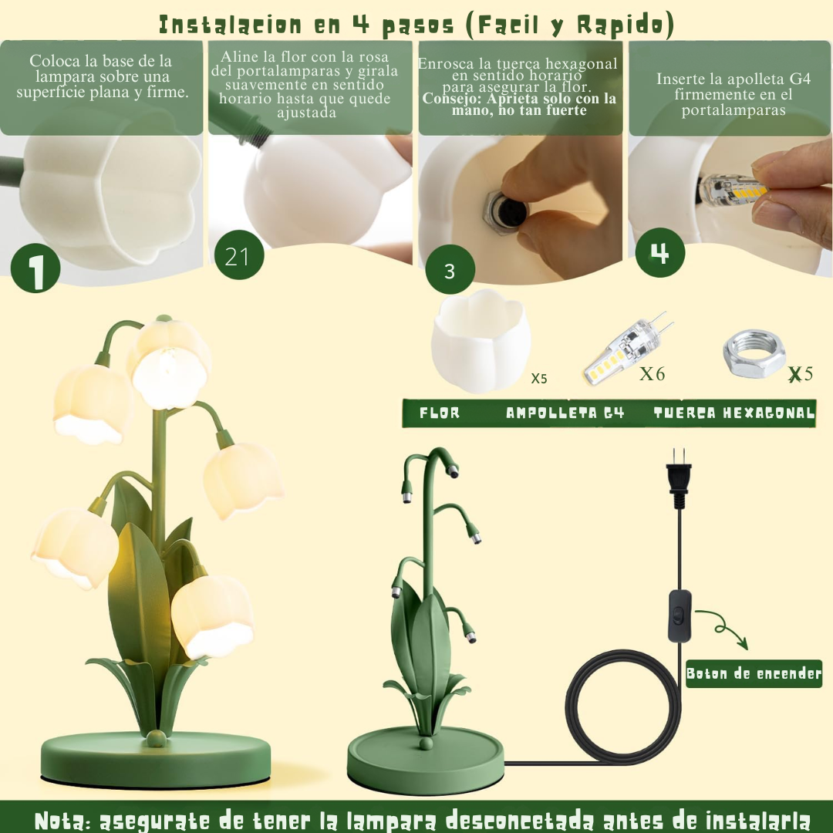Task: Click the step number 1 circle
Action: pyautogui.click(x=35, y=268)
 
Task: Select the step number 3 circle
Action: pyautogui.click(x=450, y=271)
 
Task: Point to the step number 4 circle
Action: pyautogui.click(x=659, y=253)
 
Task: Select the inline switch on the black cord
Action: pyautogui.click(x=680, y=615)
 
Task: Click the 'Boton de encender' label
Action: pyautogui.click(x=754, y=673)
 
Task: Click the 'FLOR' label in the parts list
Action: pyautogui.click(x=440, y=413)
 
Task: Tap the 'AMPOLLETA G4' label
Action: pyautogui.click(x=565, y=413)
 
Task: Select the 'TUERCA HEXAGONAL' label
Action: pyautogui.click(x=734, y=413)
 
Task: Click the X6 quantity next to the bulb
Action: pyautogui.click(x=652, y=374)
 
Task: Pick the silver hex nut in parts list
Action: pyautogui.click(x=754, y=356)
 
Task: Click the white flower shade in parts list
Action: pyautogui.click(x=479, y=342)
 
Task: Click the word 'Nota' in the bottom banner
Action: pyautogui.click(x=63, y=819)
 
